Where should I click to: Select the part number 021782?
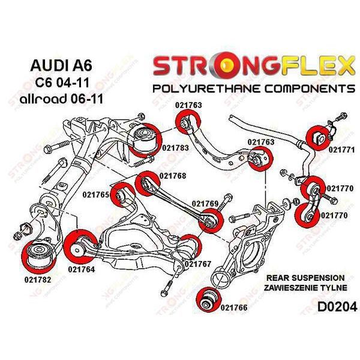[x=38, y=280]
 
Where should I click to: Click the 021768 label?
[x=172, y=176]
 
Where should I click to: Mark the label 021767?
[x=197, y=263]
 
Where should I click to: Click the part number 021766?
[x=234, y=307]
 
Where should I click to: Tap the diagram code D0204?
[x=336, y=307]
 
